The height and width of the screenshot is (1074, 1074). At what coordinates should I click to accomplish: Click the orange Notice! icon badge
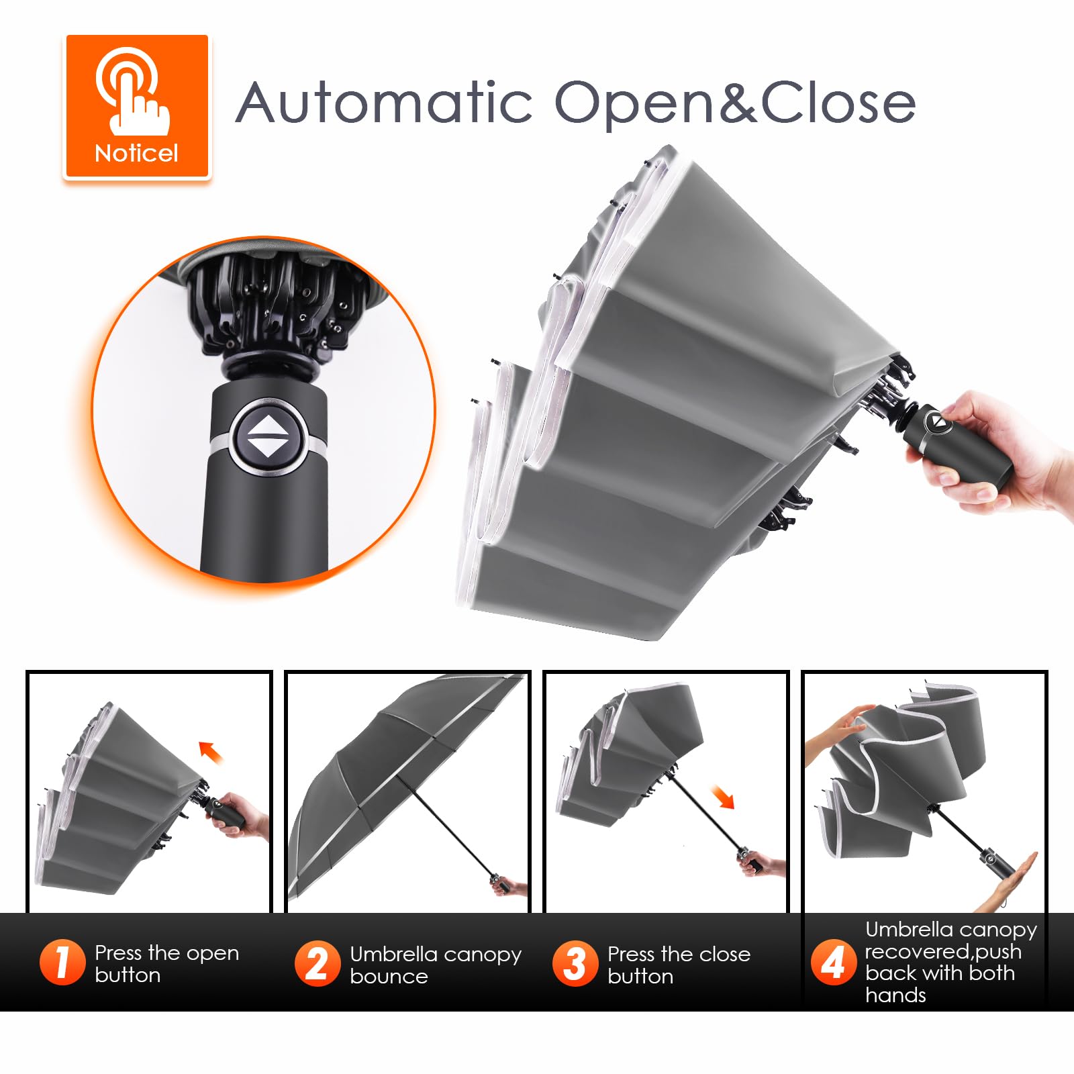(137, 107)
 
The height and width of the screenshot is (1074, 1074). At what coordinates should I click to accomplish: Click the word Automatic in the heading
(385, 102)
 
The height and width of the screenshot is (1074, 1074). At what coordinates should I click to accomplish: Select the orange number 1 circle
(62, 962)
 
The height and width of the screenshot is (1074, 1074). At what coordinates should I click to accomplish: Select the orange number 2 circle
(318, 963)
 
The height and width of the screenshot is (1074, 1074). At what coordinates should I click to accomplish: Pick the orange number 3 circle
(575, 963)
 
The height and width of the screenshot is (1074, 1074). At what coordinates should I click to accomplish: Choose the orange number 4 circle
(833, 962)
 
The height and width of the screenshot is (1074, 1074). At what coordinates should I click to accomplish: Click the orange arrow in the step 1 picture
(211, 751)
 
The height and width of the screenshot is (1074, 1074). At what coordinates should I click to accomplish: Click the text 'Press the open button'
(166, 963)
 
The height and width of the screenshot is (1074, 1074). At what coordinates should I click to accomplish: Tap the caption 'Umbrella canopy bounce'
(436, 965)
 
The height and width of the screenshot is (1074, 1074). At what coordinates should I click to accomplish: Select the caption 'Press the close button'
(679, 965)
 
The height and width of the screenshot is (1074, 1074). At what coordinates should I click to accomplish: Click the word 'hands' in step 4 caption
(895, 995)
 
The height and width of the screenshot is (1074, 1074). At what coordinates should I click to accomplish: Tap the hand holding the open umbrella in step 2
(510, 886)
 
